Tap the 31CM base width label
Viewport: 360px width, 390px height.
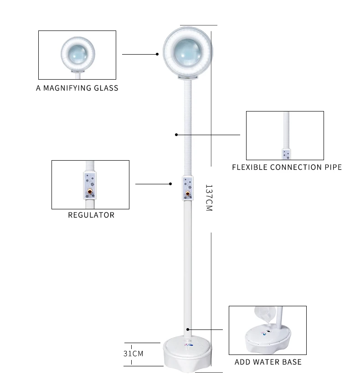click(134, 353)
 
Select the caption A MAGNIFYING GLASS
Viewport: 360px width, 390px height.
click(77, 88)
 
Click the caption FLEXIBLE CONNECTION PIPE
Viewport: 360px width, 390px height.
click(287, 167)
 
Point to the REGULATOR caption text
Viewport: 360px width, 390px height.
click(91, 215)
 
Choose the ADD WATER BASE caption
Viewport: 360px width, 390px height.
click(268, 362)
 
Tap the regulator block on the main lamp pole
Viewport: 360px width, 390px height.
click(188, 188)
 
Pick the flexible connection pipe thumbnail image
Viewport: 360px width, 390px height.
click(285, 135)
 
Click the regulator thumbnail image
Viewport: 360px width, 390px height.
click(90, 184)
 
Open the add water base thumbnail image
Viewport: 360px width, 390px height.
click(267, 330)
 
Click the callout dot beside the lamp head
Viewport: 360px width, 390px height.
click(157, 54)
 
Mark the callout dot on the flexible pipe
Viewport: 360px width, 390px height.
click(176, 134)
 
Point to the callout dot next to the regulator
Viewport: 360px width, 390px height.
click(170, 184)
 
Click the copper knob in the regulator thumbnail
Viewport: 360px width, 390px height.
click(90, 192)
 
